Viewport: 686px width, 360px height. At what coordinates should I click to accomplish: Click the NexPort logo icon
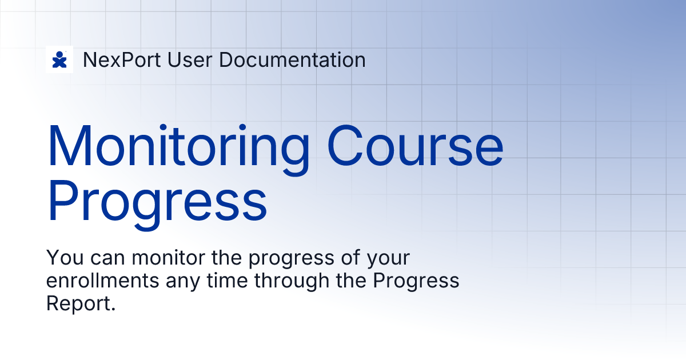pos(59,59)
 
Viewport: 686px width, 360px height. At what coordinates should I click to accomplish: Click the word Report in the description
pos(81,305)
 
